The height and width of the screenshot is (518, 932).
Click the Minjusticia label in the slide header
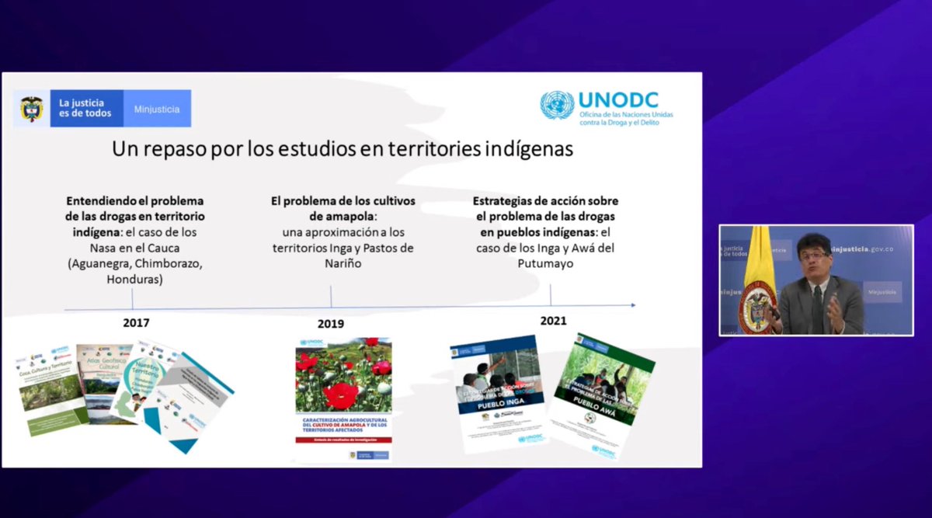pos(157,109)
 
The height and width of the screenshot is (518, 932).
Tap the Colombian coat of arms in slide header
pos(32,109)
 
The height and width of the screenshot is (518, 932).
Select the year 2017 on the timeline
pos(136,322)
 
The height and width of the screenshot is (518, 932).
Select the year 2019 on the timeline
pos(331,323)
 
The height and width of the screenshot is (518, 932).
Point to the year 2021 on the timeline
pos(553,320)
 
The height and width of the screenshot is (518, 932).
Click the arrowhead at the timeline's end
pos(632,305)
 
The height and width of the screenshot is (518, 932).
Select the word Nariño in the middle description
pos(343,264)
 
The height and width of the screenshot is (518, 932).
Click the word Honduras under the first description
pos(135,279)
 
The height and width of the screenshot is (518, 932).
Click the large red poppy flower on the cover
pos(339,395)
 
